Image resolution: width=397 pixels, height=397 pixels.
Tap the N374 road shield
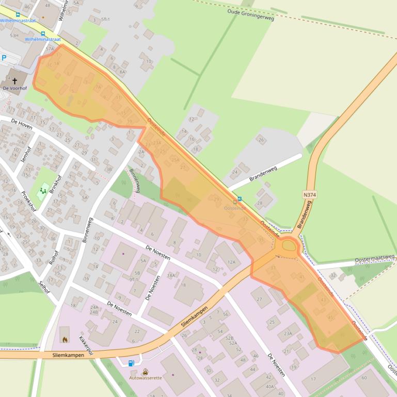pos(308,194)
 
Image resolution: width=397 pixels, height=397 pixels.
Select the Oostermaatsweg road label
pos(374,258)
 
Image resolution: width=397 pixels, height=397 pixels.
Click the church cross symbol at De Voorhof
pos(14,80)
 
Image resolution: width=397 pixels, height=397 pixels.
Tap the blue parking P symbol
pos(4,58)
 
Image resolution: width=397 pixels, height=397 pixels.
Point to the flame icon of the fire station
pos(65,339)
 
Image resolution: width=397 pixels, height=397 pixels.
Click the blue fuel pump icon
pos(131,363)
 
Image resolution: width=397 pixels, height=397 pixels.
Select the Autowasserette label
pos(145,377)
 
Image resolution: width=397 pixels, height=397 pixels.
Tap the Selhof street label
pos(44,286)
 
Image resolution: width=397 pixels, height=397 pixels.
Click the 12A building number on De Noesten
pos(231,262)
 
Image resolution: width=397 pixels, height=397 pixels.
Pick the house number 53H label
pos(14,36)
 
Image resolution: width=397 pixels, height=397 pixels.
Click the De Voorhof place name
pos(14,89)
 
